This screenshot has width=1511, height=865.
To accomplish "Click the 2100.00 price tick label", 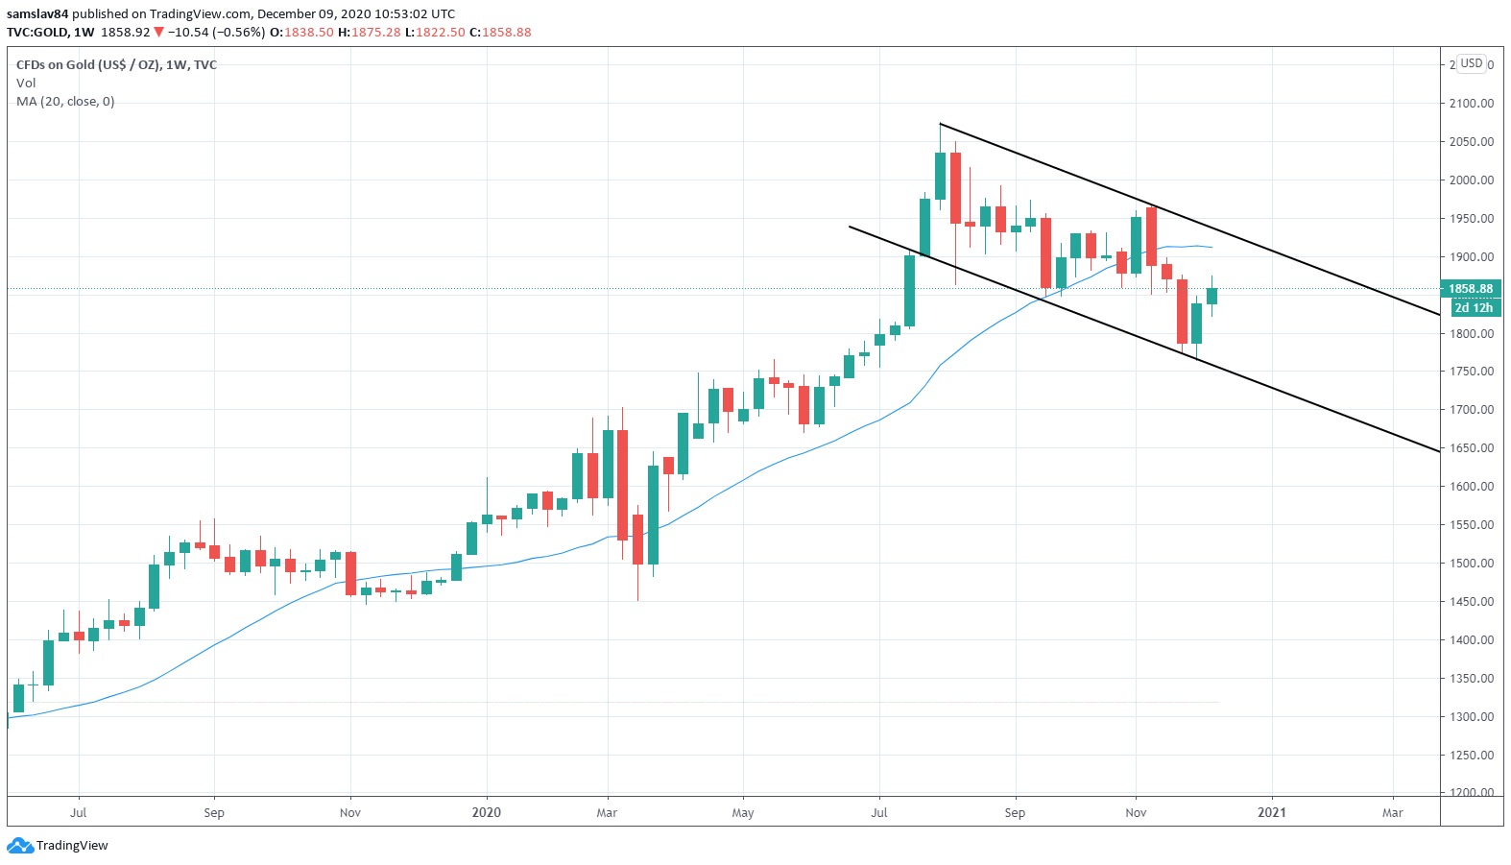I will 1471,104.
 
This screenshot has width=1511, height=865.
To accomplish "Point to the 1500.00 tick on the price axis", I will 1471,564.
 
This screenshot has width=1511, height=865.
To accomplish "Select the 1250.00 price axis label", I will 1471,756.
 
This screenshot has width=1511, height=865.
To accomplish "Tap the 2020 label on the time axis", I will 487,813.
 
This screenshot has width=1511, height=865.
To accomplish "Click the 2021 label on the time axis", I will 1272,813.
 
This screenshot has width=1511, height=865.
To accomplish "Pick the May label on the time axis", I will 743,813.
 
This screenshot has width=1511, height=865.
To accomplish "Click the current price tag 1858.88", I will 1471,289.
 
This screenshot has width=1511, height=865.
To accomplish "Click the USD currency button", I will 1472,63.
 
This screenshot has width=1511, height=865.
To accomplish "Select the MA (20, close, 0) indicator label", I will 65,102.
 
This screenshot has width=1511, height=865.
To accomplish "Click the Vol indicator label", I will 26,84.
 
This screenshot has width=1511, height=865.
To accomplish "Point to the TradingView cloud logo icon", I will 19,846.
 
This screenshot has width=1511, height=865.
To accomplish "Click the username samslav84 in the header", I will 37,14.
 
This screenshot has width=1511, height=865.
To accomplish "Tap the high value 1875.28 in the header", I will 375,33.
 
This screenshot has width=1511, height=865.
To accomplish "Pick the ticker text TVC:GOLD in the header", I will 37,33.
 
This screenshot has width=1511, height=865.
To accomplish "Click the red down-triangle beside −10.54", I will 159,33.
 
